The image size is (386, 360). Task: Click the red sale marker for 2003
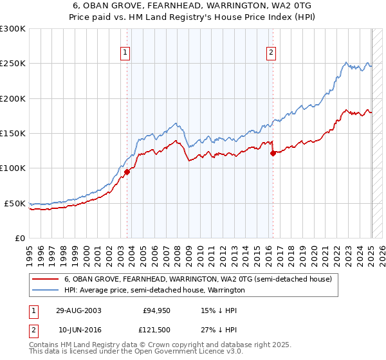[x=127, y=172]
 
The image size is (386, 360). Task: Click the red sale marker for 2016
[x=273, y=153]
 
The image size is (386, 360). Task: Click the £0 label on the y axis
[x=20, y=238]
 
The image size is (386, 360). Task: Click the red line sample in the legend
[x=45, y=280]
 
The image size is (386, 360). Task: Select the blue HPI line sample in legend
[x=45, y=290]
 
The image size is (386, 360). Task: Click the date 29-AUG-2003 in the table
[x=78, y=310]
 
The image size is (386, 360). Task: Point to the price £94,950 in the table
[x=154, y=310]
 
